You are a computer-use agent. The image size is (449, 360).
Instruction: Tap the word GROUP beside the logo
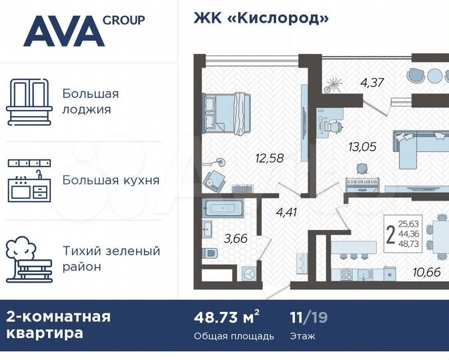123,20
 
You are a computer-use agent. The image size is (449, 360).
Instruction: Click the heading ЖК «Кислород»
262,18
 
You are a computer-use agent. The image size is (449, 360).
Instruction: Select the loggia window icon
29,103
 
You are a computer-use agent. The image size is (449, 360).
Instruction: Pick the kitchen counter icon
29,180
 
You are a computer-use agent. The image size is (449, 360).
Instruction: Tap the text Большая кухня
111,180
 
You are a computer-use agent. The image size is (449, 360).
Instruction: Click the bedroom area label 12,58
269,158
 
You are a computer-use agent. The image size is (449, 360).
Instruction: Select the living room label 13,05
362,147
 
